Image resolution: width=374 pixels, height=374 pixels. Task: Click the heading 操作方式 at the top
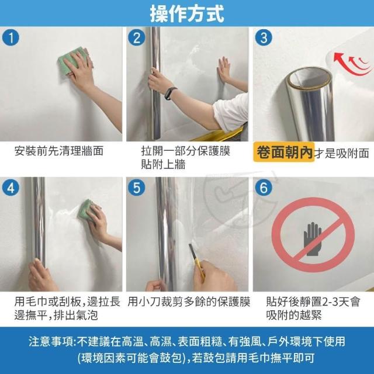click(x=187, y=13)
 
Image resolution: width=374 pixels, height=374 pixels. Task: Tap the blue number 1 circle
click(x=11, y=37)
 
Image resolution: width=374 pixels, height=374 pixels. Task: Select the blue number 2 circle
click(x=136, y=37)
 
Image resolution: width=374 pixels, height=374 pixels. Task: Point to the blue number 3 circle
click(x=264, y=37)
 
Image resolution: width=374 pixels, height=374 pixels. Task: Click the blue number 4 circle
click(x=11, y=188)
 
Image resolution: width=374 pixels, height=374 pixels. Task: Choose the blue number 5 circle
click(x=136, y=188)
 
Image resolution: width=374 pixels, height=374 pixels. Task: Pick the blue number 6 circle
click(x=264, y=188)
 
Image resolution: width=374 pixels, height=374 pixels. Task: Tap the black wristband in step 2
click(x=171, y=93)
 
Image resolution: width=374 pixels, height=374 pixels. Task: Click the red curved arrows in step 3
click(x=351, y=64)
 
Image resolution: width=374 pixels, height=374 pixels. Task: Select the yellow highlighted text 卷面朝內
click(x=284, y=152)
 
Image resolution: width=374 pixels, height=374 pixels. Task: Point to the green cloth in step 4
click(x=86, y=210)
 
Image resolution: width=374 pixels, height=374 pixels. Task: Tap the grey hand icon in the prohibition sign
click(x=313, y=239)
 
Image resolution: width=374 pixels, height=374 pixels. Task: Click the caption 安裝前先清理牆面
click(x=58, y=151)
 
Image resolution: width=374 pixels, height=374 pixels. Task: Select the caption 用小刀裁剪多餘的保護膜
click(x=189, y=302)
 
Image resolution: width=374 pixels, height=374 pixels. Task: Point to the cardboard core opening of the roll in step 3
click(x=309, y=79)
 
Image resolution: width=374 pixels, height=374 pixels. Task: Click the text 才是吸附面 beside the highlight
click(x=341, y=153)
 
